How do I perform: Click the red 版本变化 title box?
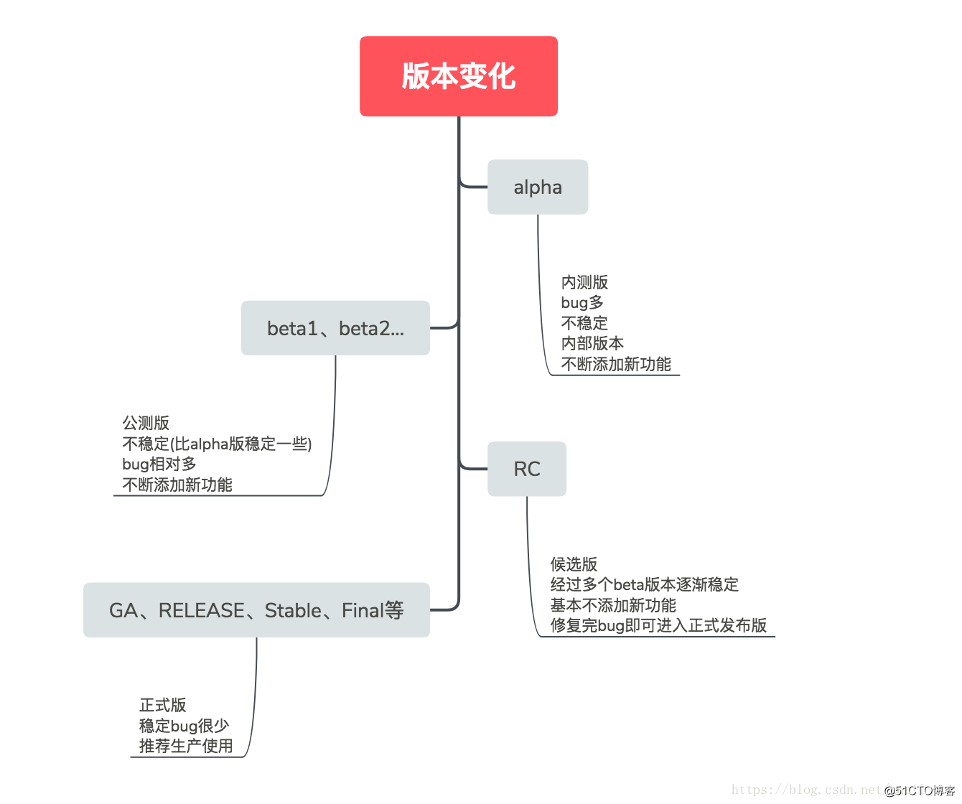point(458,76)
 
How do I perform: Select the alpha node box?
point(538,187)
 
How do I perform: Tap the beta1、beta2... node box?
point(335,328)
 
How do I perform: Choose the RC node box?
point(526,469)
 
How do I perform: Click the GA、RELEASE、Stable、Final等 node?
point(256,610)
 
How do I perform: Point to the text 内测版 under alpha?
point(584,282)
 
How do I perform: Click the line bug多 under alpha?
point(582,302)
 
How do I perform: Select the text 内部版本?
point(592,343)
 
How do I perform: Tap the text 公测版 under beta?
point(146,423)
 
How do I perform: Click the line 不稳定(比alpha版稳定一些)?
point(217,444)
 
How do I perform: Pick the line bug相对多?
point(159,464)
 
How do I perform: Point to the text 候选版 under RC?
point(574,564)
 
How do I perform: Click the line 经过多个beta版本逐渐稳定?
point(644,584)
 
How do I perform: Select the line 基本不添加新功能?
point(613,605)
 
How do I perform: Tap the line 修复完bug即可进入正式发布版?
point(658,625)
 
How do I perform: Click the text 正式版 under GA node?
point(163,705)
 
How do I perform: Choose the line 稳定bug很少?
point(184,726)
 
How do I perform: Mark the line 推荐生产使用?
point(186,746)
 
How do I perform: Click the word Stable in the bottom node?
point(293,610)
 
